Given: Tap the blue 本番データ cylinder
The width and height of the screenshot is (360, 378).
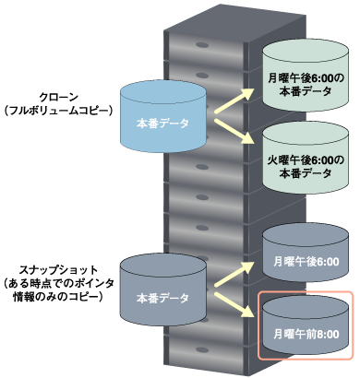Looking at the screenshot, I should click(x=162, y=115).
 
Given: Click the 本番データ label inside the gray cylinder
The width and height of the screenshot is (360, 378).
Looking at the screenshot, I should click(x=162, y=298).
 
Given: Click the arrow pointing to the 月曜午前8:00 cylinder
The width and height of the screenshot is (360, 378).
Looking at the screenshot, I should click(x=234, y=311).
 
